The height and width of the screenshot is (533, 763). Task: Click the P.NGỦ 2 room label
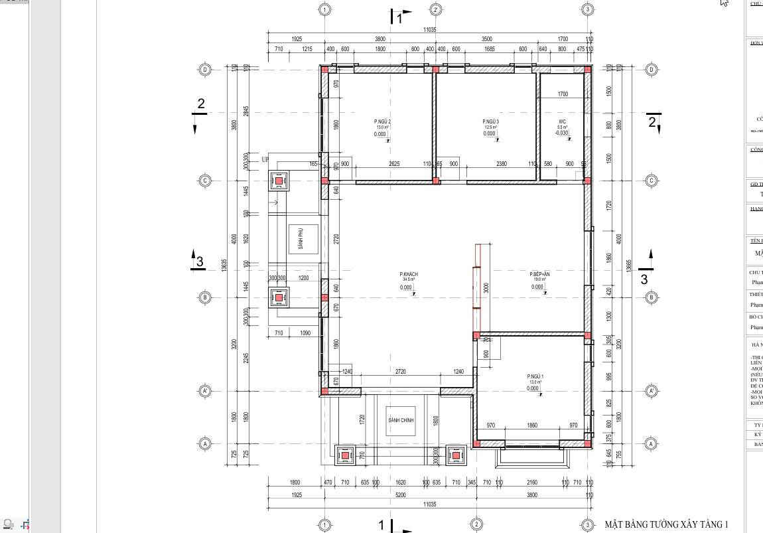coord(382,122)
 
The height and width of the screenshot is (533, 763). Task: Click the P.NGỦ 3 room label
coord(490,122)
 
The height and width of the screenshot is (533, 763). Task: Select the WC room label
coord(562,122)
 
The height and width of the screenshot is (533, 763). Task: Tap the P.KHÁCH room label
coord(408,274)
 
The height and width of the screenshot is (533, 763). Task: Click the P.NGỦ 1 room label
coord(535,376)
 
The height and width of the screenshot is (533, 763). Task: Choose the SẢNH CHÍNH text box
coord(401,421)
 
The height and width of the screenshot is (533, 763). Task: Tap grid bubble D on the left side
coord(205,70)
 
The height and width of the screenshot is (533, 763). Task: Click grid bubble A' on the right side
coord(651,392)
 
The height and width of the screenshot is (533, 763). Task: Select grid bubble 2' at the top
coord(436,9)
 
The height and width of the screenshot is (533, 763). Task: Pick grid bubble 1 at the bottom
coord(324,525)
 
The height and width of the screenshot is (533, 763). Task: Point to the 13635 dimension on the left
coord(224,264)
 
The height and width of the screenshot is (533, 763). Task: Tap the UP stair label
coord(265,160)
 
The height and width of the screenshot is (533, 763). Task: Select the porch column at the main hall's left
coord(345,456)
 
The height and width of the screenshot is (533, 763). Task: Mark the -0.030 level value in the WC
coord(561,133)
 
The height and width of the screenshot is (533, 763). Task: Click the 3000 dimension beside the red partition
coord(486,288)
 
